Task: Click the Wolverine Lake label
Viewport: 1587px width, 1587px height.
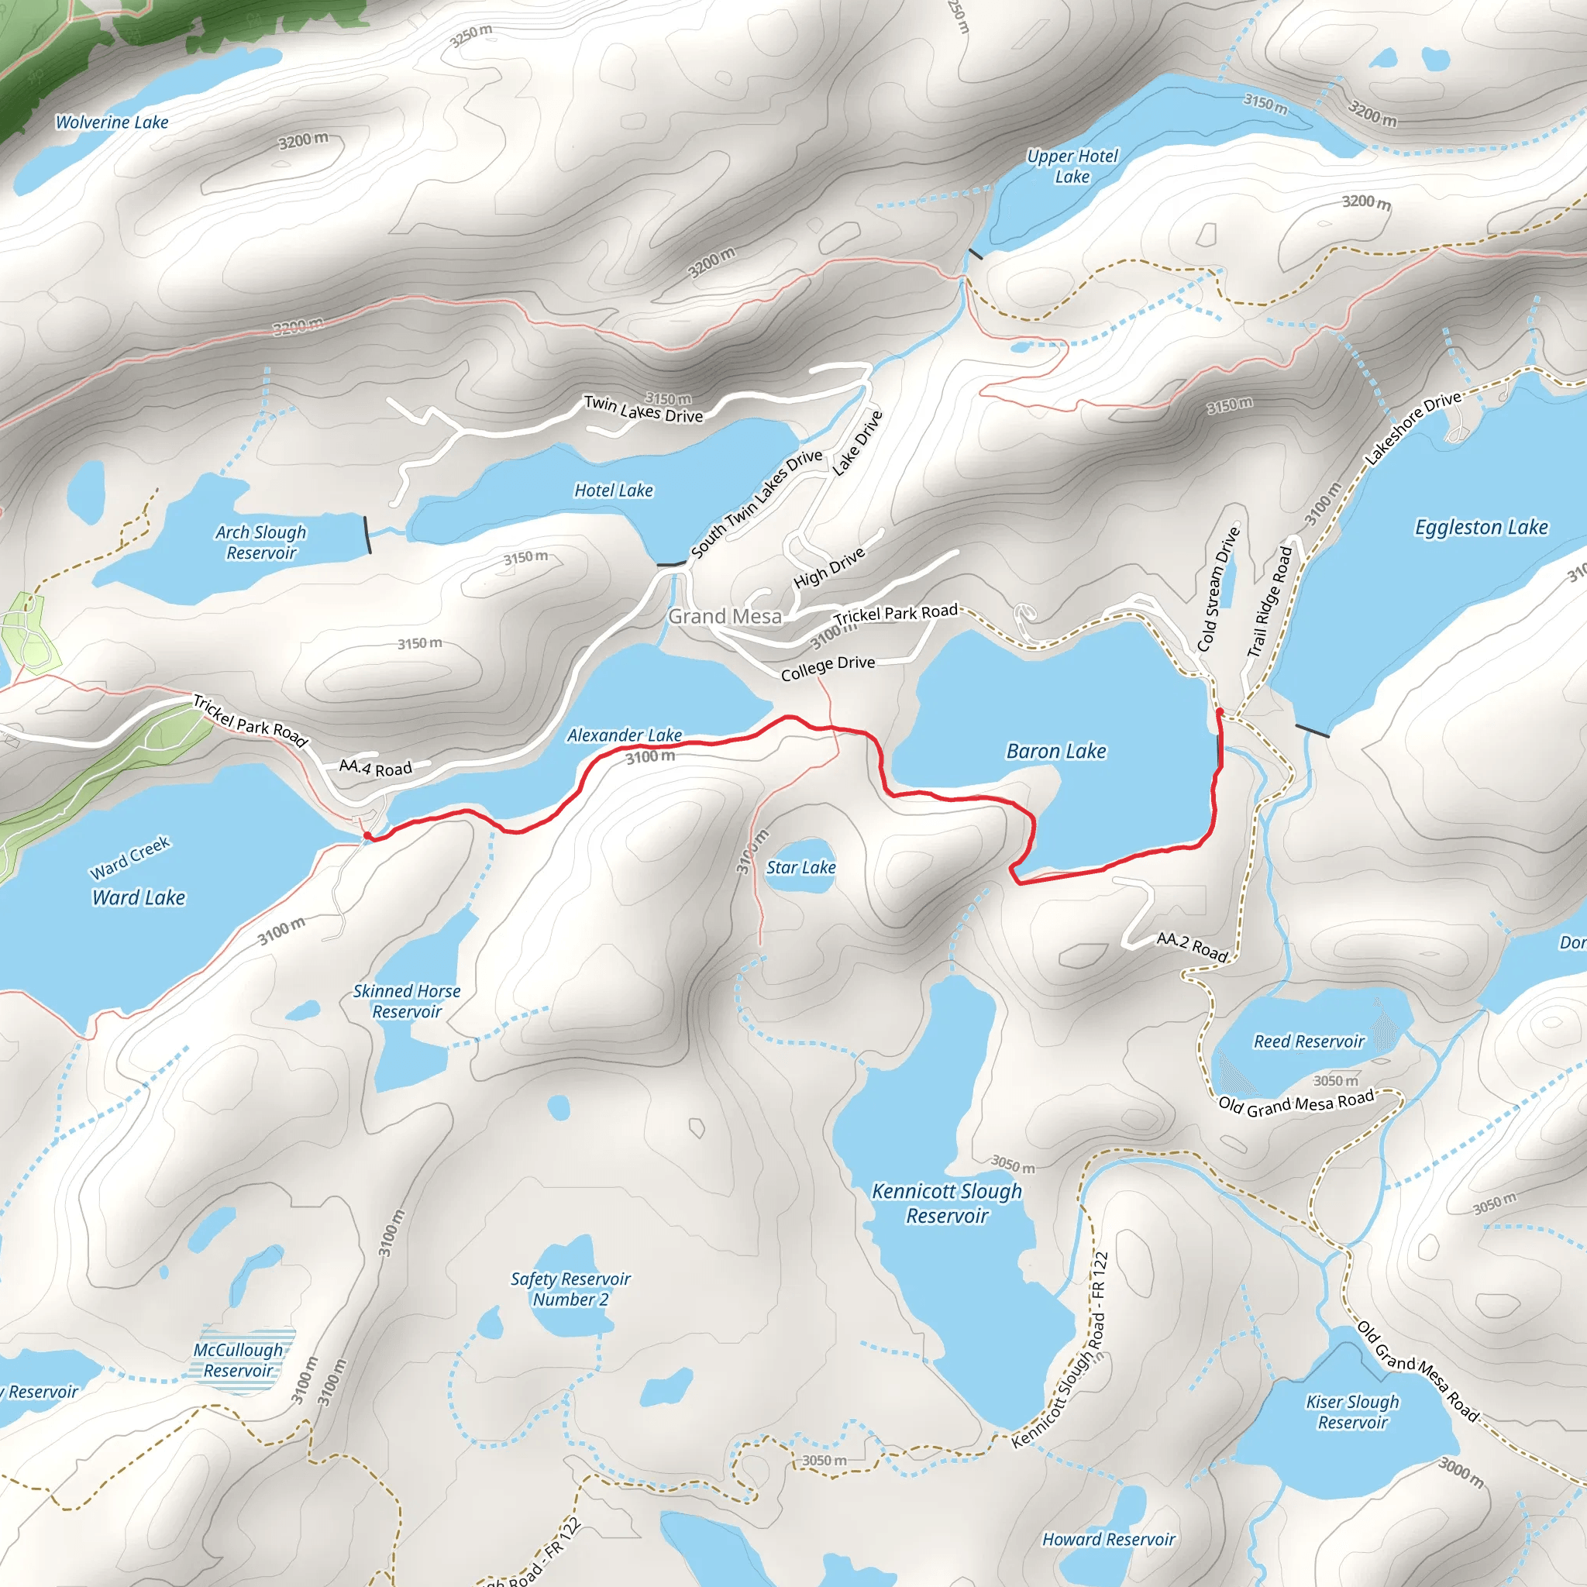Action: point(112,122)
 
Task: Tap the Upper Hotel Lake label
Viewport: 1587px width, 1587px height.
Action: point(1072,166)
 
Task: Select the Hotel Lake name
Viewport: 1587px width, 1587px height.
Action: point(614,491)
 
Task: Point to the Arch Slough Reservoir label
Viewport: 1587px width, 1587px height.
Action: point(261,542)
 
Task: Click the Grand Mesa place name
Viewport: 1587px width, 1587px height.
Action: point(725,616)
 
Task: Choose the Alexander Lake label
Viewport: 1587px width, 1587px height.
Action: point(625,735)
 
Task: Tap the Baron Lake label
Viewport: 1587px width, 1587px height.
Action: point(1055,751)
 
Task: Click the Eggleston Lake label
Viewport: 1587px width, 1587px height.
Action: point(1480,528)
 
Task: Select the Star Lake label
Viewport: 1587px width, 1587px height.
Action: point(801,867)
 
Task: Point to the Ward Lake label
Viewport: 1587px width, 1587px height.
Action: point(139,898)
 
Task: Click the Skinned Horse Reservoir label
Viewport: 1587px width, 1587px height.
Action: point(407,1001)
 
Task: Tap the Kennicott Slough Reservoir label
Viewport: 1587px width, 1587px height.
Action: point(947,1203)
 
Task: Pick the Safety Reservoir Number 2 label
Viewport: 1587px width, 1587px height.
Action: point(571,1289)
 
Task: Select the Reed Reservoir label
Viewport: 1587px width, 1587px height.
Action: point(1309,1041)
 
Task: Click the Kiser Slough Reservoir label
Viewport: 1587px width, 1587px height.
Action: point(1352,1412)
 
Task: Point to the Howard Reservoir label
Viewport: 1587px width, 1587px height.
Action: point(1108,1540)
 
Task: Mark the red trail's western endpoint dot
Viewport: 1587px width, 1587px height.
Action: point(367,836)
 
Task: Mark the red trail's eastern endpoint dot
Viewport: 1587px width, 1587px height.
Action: point(1220,711)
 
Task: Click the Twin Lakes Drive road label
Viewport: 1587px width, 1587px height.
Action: point(643,409)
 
